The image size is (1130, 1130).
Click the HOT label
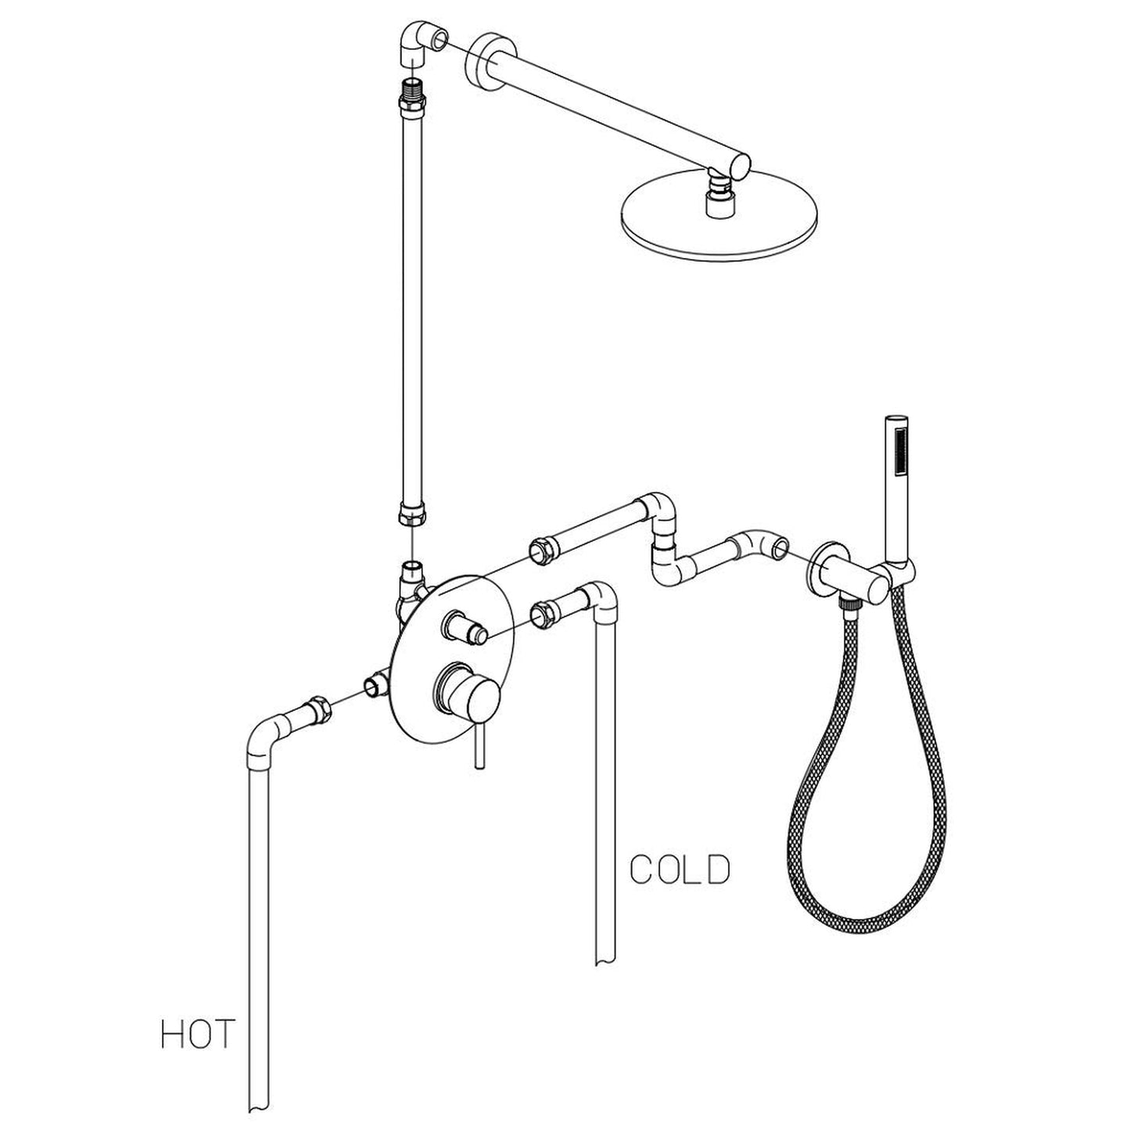(197, 1033)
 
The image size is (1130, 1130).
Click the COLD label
(680, 870)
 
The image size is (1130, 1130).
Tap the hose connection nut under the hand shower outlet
(847, 601)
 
